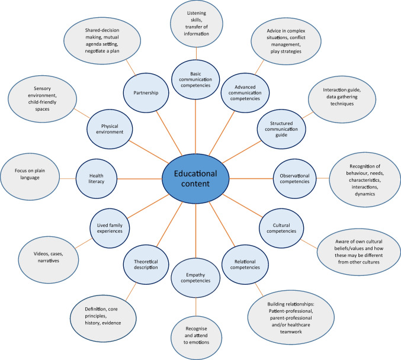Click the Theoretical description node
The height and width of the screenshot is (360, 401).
pos(146,264)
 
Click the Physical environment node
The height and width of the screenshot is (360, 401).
pos(113,128)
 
